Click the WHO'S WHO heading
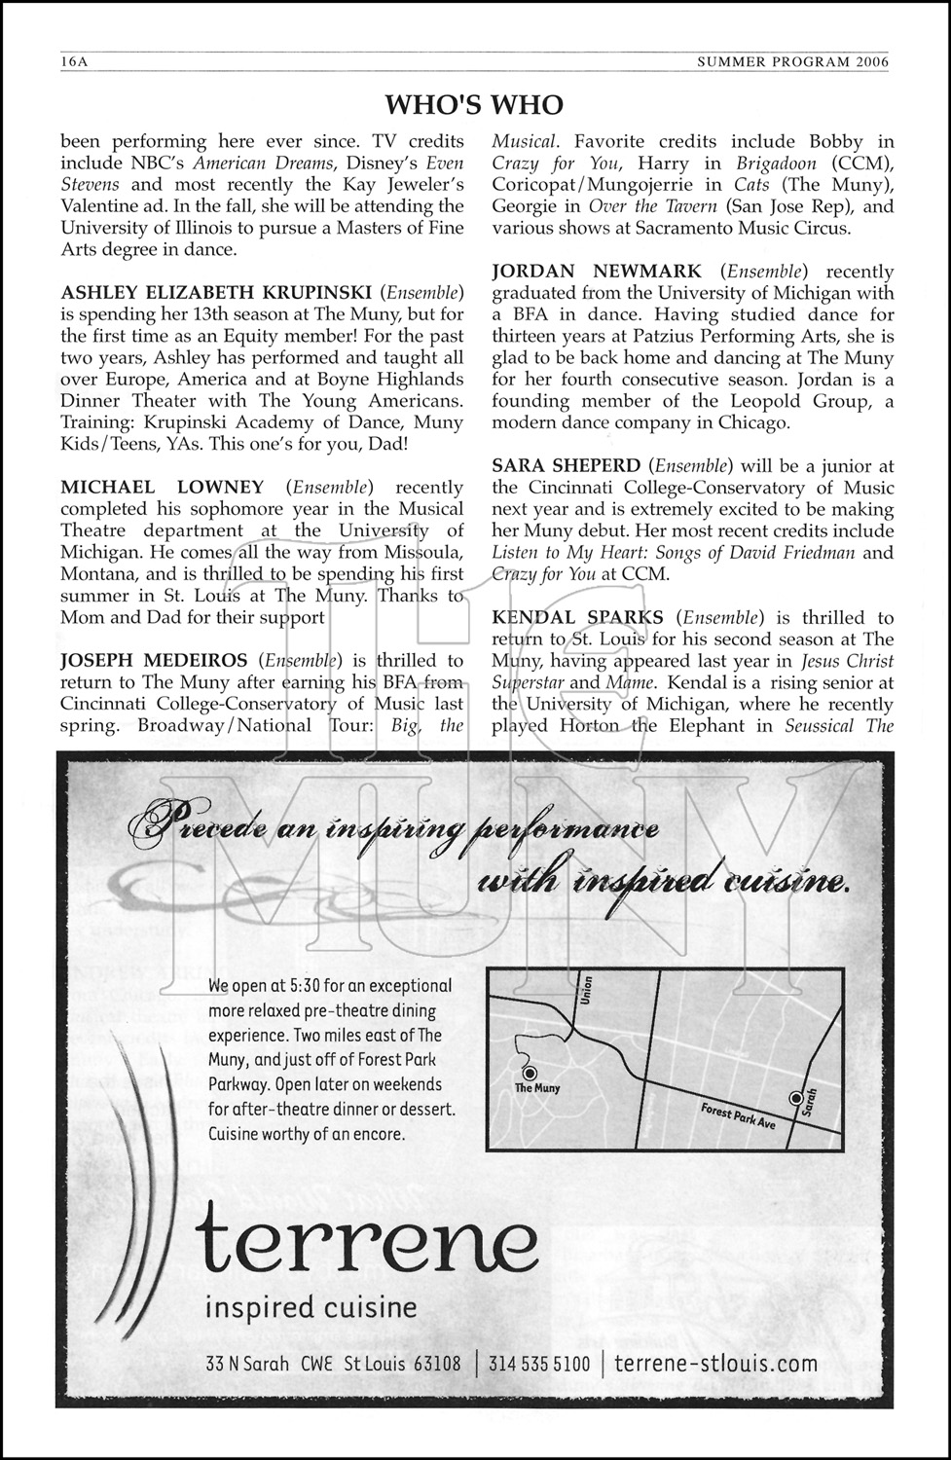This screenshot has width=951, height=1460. coord(474,104)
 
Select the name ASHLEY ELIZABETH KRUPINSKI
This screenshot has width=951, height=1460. coord(215,292)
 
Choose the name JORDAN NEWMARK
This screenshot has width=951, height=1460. coord(601,272)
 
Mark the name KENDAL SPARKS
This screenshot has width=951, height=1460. coord(577,617)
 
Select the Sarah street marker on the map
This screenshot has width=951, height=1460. coord(797,1098)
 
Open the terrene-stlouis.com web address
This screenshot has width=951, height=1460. coord(716,1363)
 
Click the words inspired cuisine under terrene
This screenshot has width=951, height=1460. coord(310,1307)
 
